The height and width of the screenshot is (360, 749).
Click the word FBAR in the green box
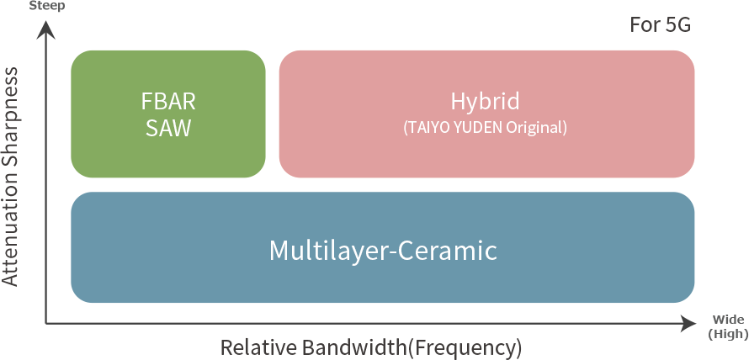click(168, 102)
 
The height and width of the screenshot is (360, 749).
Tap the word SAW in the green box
click(168, 129)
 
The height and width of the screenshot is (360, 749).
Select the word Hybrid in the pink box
click(485, 102)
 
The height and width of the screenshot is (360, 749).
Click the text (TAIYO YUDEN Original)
click(486, 129)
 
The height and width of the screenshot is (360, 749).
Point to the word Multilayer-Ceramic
click(383, 250)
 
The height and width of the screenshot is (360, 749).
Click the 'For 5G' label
click(660, 25)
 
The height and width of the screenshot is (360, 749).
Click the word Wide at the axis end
click(728, 319)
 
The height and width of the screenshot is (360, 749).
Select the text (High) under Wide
click(728, 334)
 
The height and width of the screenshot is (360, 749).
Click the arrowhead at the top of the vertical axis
click(48, 29)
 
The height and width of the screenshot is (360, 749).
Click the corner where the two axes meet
click(48, 323)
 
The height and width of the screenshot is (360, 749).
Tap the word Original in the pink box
click(535, 129)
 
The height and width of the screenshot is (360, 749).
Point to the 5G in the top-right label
click(677, 25)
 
